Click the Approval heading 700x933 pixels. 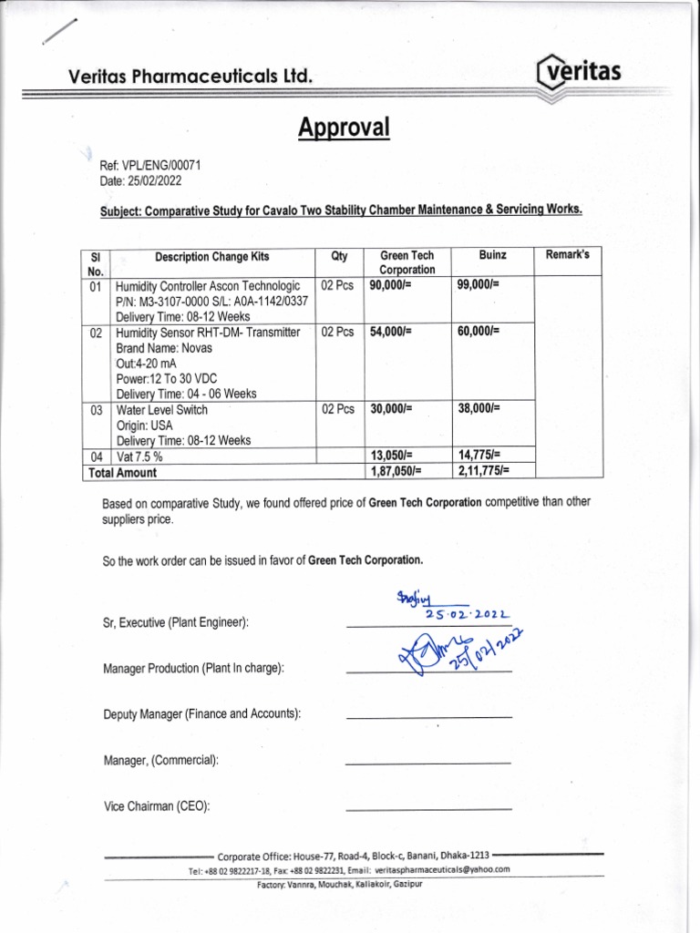coord(344,128)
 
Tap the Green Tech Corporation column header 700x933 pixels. coord(407,262)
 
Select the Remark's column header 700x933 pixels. coord(567,255)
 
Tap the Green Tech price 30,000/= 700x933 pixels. coord(391,410)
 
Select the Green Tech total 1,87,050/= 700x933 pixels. coord(396,471)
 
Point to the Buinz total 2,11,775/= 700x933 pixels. coord(483,471)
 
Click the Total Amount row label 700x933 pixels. coord(122,472)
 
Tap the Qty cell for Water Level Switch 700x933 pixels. coord(337,410)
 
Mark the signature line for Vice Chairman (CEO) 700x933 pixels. coord(428,809)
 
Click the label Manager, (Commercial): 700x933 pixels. coord(161,760)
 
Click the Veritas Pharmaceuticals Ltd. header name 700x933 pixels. coord(190,79)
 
